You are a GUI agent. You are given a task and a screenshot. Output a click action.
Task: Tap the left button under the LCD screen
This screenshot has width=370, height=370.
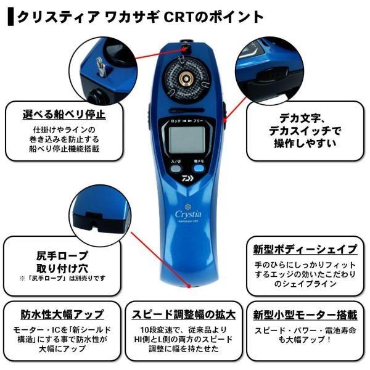coord(175,168)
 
